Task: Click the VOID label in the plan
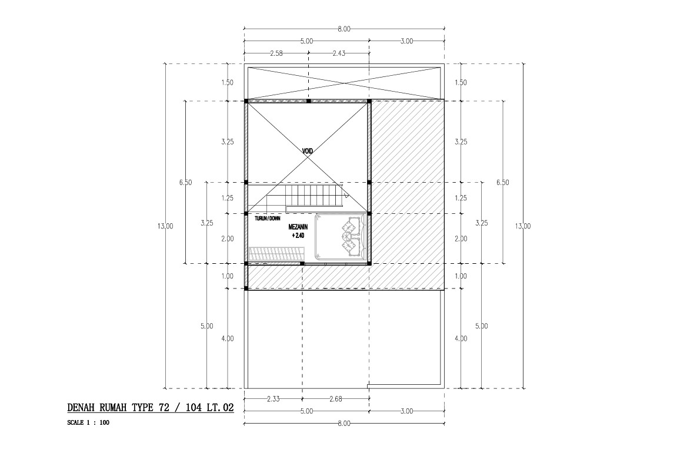coord(308,152)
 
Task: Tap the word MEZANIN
coord(298,227)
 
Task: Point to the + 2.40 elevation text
coord(298,236)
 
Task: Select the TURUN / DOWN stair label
coord(267,219)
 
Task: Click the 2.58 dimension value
coord(276,53)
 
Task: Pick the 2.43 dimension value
coord(339,53)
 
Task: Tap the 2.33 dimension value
coord(273,399)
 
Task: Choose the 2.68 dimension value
coord(336,399)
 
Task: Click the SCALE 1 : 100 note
coord(88,423)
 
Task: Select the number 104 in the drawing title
coord(194,408)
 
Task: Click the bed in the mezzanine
coord(341,236)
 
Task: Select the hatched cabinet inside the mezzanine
coord(276,254)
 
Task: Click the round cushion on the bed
coord(344,236)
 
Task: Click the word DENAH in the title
coord(82,408)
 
